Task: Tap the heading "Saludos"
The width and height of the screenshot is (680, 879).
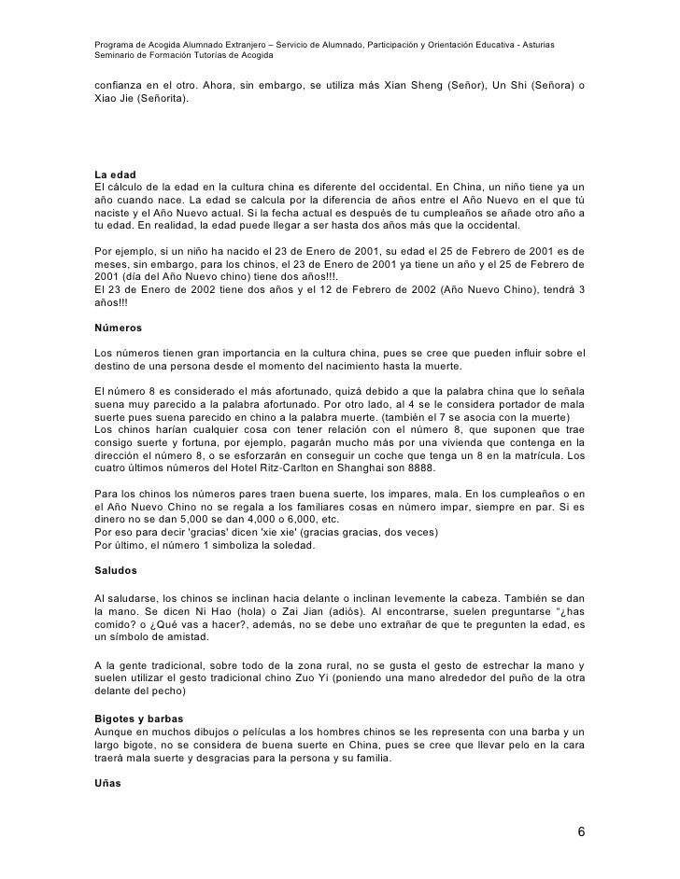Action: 117,567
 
